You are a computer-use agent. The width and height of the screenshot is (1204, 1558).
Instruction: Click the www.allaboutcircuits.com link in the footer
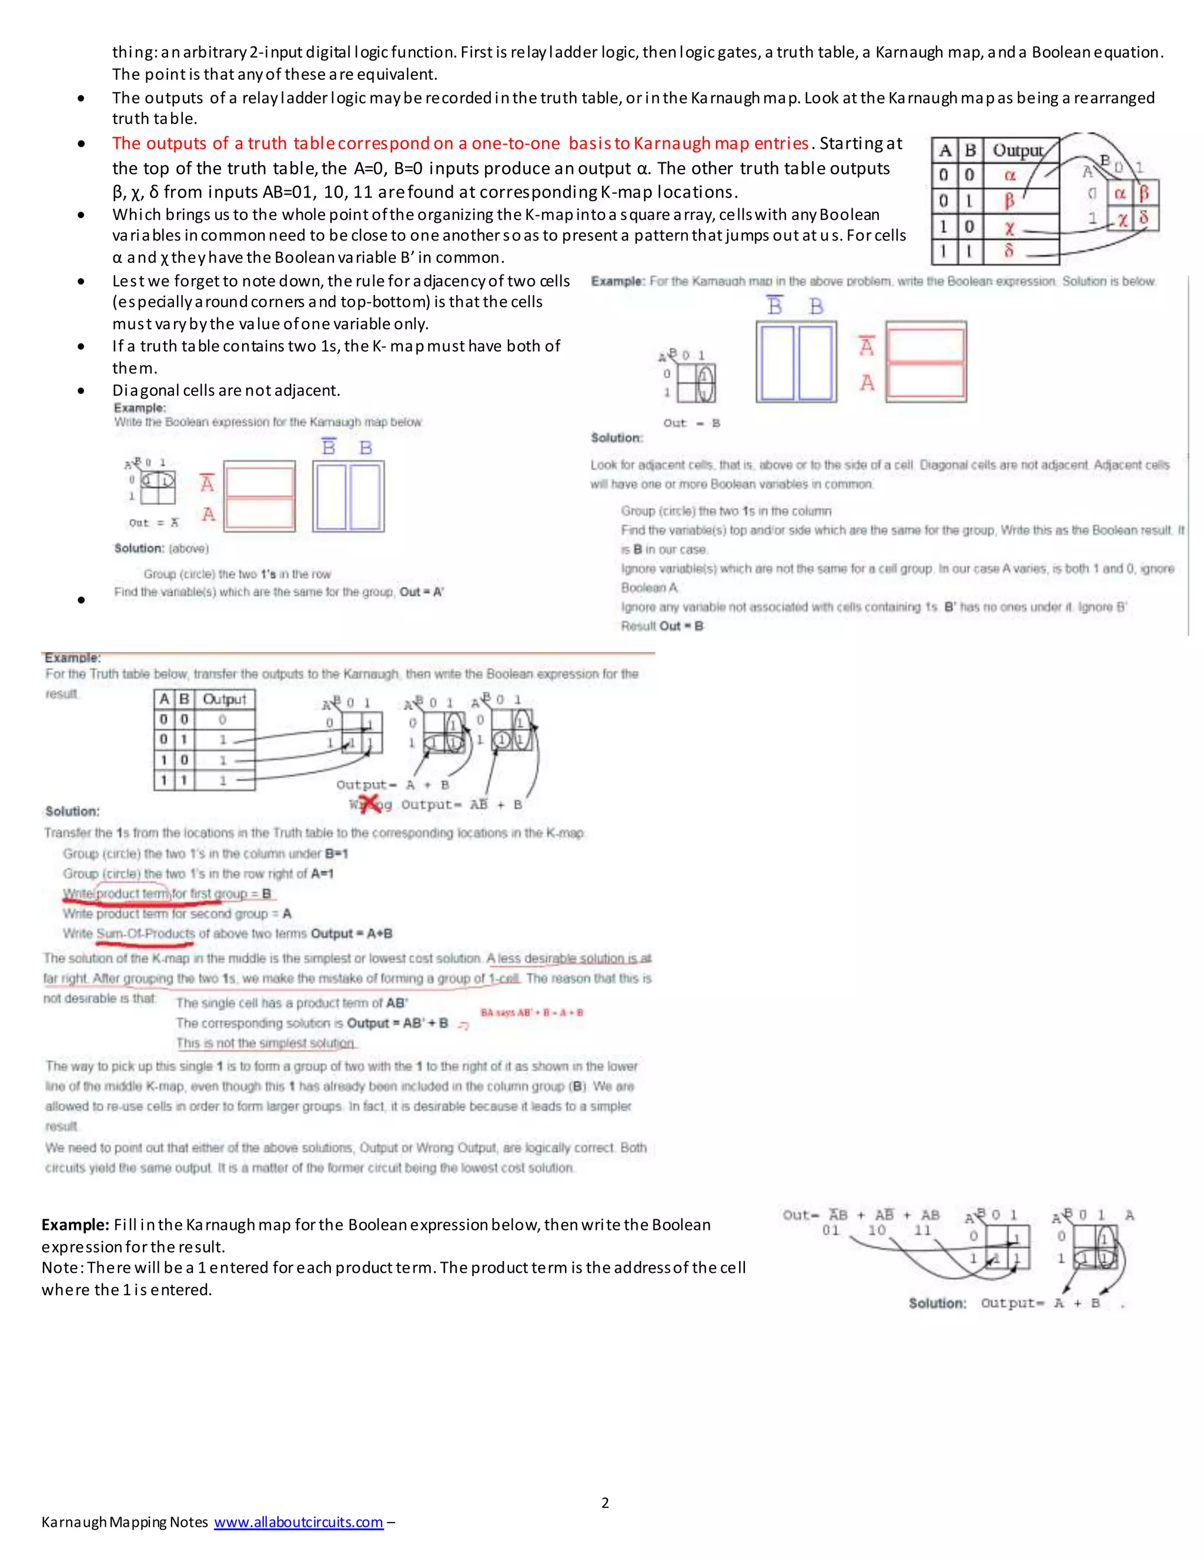point(298,1522)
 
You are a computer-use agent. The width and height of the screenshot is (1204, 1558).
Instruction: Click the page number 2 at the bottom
point(605,1502)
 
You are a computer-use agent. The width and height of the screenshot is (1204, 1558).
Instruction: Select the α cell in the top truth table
point(1010,175)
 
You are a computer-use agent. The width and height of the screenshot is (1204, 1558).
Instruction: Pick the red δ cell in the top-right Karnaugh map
point(1143,218)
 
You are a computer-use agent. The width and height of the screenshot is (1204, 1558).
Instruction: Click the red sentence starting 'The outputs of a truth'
point(460,143)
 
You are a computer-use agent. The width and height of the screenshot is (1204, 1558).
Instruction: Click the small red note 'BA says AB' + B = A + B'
point(531,1012)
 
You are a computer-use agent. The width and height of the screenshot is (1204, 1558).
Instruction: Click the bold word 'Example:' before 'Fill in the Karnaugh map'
point(75,1224)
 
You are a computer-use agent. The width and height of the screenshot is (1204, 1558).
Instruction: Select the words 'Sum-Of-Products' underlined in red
point(146,933)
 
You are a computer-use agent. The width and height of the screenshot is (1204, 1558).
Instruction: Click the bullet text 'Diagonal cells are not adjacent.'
point(226,390)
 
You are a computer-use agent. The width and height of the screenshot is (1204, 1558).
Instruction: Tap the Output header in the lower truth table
point(224,699)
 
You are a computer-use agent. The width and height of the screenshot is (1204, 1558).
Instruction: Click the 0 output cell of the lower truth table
point(223,720)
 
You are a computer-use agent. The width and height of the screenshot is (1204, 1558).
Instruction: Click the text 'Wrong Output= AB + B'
point(435,805)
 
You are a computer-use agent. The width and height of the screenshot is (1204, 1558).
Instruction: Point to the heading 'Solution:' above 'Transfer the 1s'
point(73,811)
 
